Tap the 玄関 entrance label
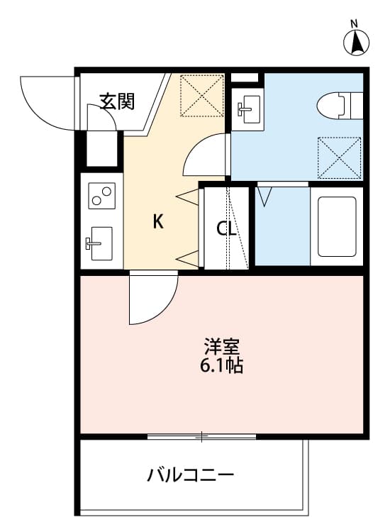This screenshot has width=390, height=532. [x=117, y=101]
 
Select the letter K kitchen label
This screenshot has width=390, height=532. [x=158, y=222]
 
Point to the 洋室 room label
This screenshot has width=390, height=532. [x=222, y=348]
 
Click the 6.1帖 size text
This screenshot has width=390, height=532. [x=222, y=367]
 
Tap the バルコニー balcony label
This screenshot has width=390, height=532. [x=190, y=474]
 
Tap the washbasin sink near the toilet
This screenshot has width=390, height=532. [x=246, y=108]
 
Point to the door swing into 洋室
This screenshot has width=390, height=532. [x=150, y=298]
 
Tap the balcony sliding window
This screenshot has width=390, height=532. [x=201, y=436]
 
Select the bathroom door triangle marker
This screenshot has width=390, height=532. [x=264, y=195]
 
